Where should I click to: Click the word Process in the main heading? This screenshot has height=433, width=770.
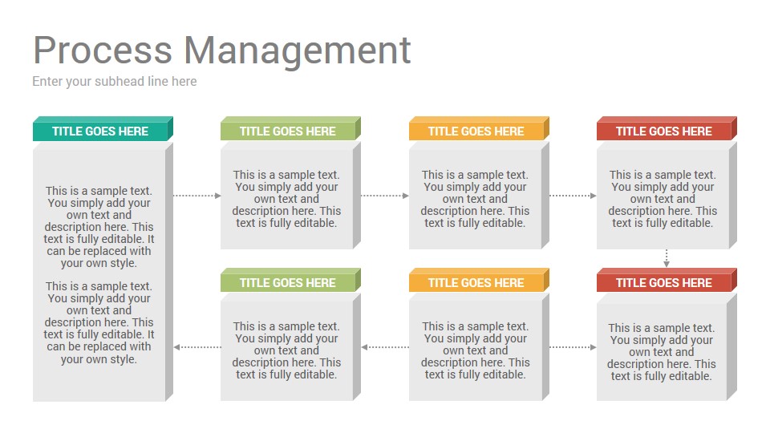[x=103, y=50]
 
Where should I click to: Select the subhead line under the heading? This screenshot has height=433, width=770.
[x=115, y=82]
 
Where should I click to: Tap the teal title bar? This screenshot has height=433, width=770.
[x=103, y=129]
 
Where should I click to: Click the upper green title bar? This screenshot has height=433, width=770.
[x=290, y=129]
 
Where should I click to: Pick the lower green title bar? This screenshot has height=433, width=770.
[x=290, y=281]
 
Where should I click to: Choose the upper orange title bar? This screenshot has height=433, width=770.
[x=479, y=129]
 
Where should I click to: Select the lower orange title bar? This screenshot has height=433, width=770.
[x=479, y=281]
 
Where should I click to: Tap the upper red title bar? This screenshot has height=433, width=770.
[x=667, y=129]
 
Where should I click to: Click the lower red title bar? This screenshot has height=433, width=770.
[x=667, y=281]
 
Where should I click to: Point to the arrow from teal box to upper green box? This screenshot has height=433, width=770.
[x=197, y=196]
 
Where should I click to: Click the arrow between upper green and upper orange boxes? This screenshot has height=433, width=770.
[x=384, y=196]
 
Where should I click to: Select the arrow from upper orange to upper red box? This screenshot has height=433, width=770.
[x=573, y=196]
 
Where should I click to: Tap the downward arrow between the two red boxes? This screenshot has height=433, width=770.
[x=667, y=258]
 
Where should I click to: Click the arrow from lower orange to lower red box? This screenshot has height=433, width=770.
[x=573, y=347]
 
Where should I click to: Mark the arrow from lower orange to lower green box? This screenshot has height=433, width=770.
[x=385, y=347]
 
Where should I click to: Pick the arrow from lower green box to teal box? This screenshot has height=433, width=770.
[x=197, y=347]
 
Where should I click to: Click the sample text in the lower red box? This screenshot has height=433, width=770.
[x=662, y=352]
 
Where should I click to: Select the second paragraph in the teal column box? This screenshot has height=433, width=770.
[x=99, y=322]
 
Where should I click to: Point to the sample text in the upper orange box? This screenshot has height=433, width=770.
[x=475, y=199]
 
